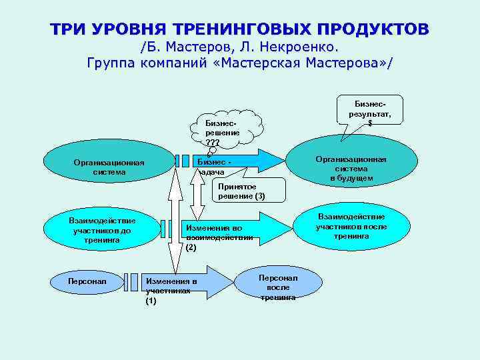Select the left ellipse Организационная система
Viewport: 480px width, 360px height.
103,166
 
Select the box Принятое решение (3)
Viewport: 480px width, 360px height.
249,191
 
